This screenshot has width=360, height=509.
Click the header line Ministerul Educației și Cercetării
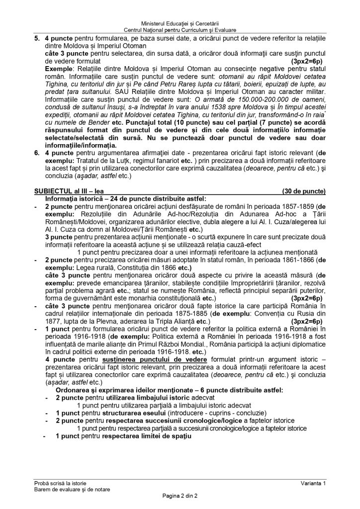180,23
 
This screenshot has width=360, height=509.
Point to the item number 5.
37,38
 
